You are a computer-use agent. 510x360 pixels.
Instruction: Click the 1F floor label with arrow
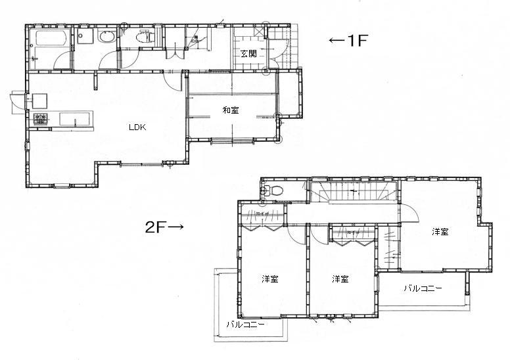[347, 41]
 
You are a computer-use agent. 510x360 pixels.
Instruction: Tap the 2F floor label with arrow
[164, 228]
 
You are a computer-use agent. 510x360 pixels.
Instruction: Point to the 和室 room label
[230, 110]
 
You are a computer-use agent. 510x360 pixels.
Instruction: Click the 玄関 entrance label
[248, 54]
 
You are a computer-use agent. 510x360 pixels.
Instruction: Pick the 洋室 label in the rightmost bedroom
[440, 232]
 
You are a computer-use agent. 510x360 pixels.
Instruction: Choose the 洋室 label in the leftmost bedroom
[269, 279]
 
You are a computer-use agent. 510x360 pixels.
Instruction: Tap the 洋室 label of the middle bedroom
[340, 279]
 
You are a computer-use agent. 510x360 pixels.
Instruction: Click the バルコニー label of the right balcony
[423, 288]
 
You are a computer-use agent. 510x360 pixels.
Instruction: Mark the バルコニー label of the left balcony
[245, 325]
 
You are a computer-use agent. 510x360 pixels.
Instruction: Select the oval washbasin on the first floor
[104, 38]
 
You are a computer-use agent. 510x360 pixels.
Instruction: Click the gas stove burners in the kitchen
[40, 119]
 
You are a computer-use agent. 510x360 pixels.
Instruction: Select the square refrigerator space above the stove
[39, 101]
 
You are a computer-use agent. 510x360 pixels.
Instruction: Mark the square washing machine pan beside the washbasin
[84, 37]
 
